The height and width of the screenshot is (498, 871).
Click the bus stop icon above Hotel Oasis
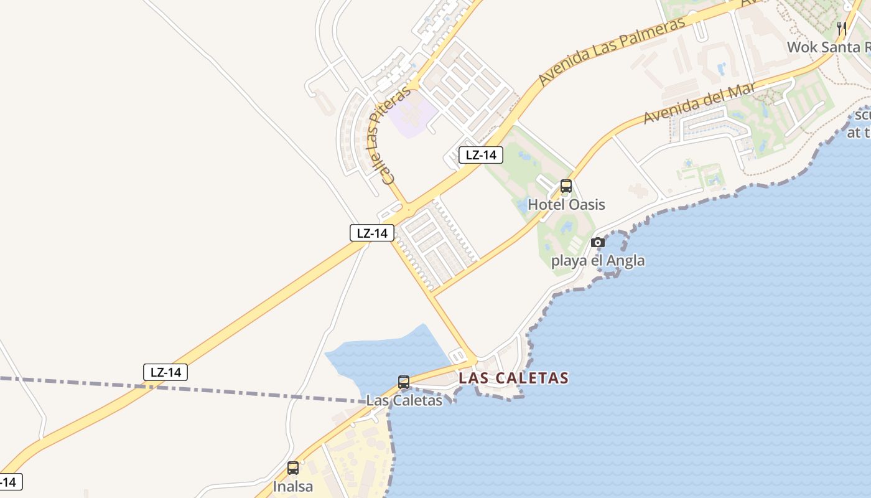(x=566, y=186)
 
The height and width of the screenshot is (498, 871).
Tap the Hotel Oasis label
(x=566, y=204)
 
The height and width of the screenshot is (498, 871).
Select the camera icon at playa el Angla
(x=598, y=243)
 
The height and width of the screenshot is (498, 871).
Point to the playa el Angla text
(x=598, y=260)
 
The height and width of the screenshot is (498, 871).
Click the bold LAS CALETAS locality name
(x=513, y=378)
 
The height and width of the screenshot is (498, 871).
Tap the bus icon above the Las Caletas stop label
(x=404, y=382)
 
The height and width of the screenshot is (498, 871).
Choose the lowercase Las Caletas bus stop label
(x=404, y=400)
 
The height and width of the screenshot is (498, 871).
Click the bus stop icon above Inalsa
(x=293, y=468)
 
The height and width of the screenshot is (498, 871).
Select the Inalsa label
(x=293, y=486)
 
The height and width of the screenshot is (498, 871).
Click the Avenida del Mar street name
(x=699, y=103)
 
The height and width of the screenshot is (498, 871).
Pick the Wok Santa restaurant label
(x=827, y=47)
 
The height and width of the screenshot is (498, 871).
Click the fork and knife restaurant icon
(x=842, y=29)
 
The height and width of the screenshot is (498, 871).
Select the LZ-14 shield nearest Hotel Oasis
(x=480, y=155)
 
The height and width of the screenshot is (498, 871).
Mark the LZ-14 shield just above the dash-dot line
(x=165, y=372)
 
